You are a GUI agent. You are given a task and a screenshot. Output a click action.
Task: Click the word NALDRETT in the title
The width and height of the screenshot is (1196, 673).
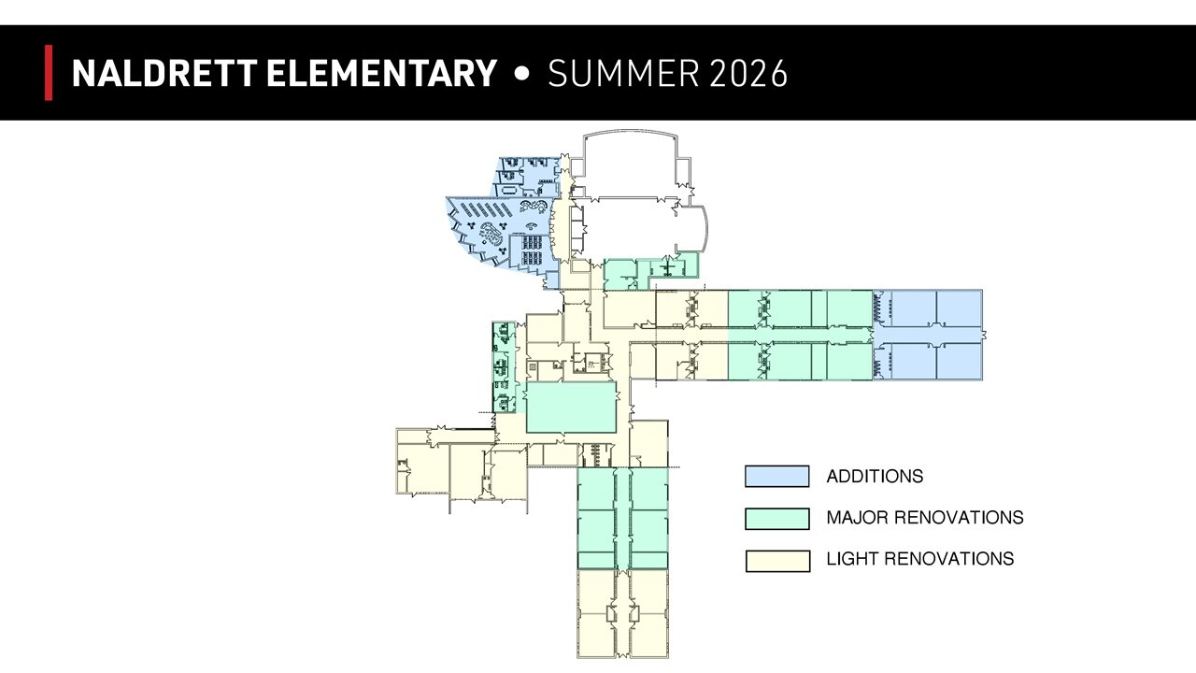(x=164, y=73)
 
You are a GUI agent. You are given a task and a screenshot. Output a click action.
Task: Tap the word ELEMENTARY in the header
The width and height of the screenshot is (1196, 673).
(x=382, y=73)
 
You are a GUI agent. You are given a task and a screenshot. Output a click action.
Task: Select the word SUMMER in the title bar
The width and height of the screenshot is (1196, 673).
(x=623, y=73)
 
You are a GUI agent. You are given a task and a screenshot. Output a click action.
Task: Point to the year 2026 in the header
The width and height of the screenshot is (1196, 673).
(x=748, y=73)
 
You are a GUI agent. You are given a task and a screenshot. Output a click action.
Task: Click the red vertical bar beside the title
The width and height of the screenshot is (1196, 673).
(x=49, y=73)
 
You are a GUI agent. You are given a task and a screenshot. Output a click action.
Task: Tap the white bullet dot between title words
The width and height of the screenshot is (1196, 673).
(x=522, y=74)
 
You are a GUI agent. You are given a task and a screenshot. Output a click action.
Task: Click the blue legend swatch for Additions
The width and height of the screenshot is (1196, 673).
(x=776, y=476)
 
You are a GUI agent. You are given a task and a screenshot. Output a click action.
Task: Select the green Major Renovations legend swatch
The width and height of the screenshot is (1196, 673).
(x=776, y=518)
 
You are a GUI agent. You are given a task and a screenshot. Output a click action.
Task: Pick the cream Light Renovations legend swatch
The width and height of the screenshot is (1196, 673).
(x=777, y=561)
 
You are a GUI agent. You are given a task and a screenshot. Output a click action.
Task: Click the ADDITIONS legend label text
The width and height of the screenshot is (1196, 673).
(x=875, y=476)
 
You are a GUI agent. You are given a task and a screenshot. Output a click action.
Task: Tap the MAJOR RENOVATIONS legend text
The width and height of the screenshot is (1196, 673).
(x=925, y=517)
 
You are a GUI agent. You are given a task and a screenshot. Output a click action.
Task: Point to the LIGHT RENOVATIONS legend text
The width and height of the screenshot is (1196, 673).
(x=920, y=559)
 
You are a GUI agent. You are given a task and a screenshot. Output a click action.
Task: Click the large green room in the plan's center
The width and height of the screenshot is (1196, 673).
(x=571, y=407)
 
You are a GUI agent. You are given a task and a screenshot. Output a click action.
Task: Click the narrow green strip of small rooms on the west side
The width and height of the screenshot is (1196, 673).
(x=504, y=367)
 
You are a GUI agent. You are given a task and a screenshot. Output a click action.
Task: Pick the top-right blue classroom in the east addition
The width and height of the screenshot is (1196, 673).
(x=960, y=308)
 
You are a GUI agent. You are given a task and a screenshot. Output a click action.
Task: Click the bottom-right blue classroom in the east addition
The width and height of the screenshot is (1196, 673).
(x=960, y=362)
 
